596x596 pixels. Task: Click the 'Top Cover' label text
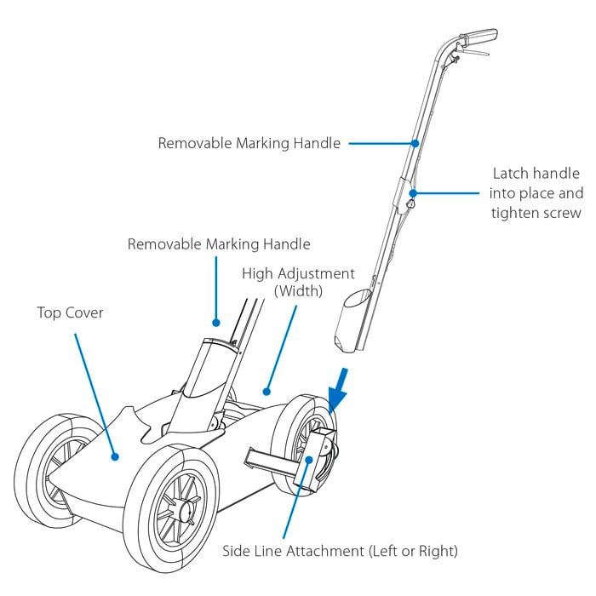pos(71,312)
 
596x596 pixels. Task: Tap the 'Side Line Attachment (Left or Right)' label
pos(341,551)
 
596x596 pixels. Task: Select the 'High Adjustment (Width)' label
pos(298,283)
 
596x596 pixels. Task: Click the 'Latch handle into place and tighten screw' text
pos(536,193)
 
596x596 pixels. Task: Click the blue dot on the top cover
pos(115,456)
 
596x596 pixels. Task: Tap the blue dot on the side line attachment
pos(309,460)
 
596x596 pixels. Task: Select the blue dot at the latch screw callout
pos(413,193)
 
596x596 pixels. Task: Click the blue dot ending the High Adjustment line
pos(266,392)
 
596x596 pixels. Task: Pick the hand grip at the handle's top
pos(479,36)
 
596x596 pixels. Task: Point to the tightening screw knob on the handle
pos(410,204)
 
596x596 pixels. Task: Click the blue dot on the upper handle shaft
pos(415,143)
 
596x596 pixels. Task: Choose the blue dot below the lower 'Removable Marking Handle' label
pos(216,323)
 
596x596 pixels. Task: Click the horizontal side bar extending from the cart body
pos(271,462)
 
